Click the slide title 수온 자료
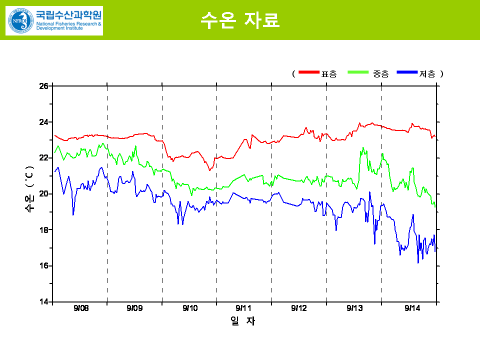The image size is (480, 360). [x=239, y=19]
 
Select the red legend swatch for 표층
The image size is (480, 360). [x=308, y=73]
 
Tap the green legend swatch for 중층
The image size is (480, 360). [x=358, y=73]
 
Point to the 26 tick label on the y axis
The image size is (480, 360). [x=43, y=86]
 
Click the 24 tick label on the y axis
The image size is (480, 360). [x=43, y=122]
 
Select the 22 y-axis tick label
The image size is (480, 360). [x=43, y=158]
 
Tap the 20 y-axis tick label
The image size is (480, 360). [x=43, y=194]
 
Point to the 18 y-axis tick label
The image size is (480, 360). [x=43, y=230]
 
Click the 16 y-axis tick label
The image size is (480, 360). [x=43, y=266]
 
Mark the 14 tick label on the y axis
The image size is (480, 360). [x=43, y=302]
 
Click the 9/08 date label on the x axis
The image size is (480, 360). [x=80, y=308]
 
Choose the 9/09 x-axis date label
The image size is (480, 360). [x=134, y=308]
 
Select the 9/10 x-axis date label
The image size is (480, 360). [x=190, y=308]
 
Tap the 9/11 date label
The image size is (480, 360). [x=243, y=308]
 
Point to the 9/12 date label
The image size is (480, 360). [x=298, y=308]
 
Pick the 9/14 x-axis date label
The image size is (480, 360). [x=412, y=308]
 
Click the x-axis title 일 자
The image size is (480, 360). [x=243, y=321]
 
